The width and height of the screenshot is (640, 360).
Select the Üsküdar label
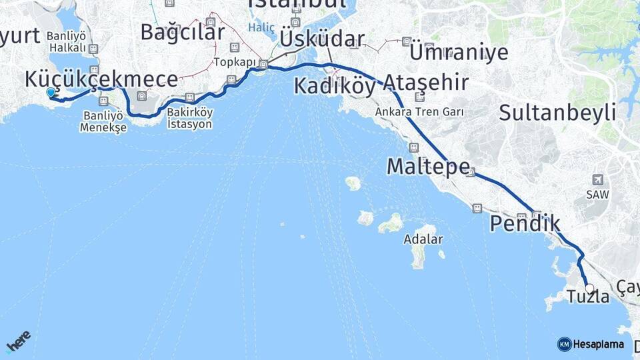point(322,39)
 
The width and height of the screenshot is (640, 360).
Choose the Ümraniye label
point(459,52)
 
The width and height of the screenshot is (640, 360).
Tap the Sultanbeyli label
point(557,113)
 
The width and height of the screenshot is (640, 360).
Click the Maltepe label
point(428,167)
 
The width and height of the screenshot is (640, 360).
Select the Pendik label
point(525,224)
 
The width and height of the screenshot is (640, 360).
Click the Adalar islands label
point(423,239)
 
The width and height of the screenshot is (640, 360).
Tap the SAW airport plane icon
point(597,180)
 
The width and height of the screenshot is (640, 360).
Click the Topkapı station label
point(231,63)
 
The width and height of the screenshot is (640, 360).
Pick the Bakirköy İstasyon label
point(190,119)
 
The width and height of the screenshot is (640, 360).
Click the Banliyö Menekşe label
point(103,121)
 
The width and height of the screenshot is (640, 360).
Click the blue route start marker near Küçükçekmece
point(51,93)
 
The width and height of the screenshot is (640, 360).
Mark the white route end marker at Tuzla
point(589,289)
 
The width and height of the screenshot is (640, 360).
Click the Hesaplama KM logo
point(591,344)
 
